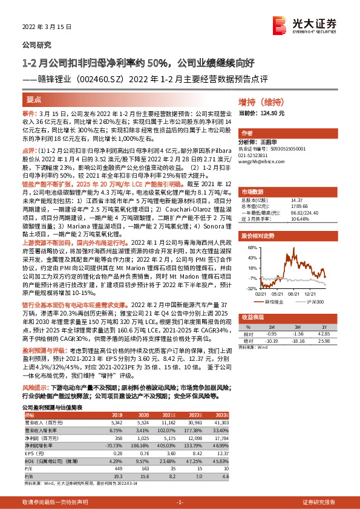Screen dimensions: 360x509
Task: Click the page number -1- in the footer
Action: [x=179, y=502]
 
